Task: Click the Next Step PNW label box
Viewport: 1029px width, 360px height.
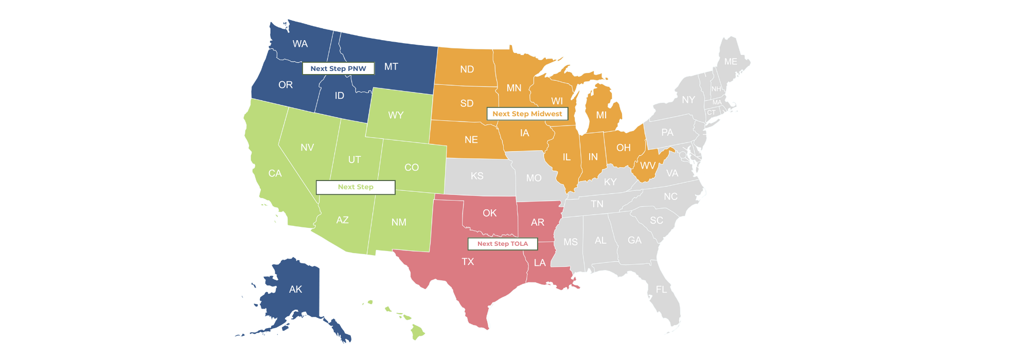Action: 338,68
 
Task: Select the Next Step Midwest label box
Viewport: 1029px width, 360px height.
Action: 527,114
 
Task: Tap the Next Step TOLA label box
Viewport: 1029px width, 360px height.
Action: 503,244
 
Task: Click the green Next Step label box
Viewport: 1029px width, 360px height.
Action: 356,187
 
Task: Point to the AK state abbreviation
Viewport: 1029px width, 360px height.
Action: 295,290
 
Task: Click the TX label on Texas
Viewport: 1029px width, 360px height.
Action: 468,262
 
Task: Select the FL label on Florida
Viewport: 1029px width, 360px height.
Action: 661,290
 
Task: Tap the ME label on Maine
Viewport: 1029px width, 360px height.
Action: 731,62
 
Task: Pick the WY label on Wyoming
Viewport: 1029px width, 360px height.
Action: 396,115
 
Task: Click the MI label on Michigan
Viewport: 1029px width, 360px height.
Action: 601,115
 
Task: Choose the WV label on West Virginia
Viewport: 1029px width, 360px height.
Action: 648,166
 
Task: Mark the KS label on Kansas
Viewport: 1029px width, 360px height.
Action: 477,176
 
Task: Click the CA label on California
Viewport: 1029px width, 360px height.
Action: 275,173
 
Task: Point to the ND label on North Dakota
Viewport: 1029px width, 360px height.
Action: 467,69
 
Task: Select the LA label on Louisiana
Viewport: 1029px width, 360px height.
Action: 540,263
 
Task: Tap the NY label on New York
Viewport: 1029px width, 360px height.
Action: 688,100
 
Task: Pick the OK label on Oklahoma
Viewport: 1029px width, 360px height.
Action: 489,213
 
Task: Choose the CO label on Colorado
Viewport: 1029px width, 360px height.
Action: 412,168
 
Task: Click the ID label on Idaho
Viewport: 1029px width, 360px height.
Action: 339,96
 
